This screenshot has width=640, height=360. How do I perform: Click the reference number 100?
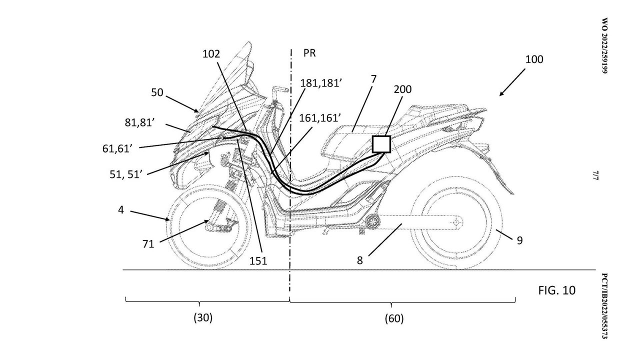[x=534, y=59]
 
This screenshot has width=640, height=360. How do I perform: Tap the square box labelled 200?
[x=381, y=144]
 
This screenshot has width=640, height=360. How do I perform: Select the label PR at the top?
[x=309, y=52]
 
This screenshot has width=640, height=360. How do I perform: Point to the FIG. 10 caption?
[x=556, y=290]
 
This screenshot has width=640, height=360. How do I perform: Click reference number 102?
[x=211, y=54]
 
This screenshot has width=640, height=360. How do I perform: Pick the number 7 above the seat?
[x=373, y=78]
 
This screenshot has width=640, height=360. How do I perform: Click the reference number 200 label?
[x=402, y=89]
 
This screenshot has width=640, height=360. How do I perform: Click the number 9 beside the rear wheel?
[x=519, y=240]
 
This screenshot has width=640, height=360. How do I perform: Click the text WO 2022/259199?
[x=604, y=46]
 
